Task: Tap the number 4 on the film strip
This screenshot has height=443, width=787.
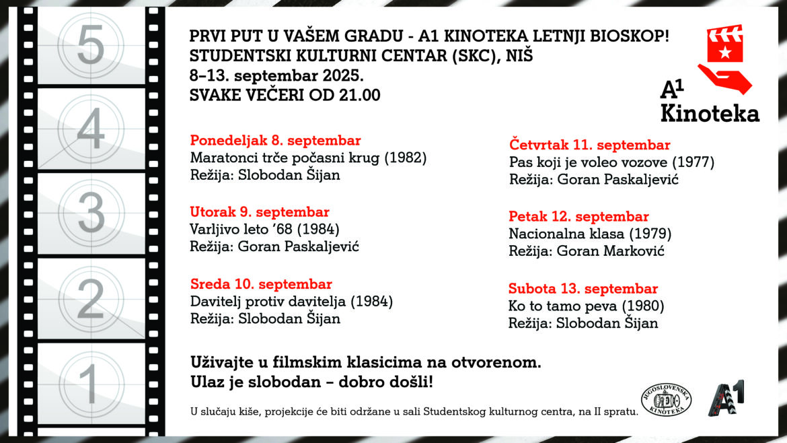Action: [91, 128]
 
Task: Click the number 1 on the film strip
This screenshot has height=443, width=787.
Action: [88, 382]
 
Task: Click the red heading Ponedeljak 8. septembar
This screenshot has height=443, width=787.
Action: [275, 141]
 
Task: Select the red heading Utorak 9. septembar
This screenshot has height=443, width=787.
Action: [260, 212]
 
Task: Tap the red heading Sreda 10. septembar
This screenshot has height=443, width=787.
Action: [261, 284]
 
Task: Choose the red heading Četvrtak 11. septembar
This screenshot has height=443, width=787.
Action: [589, 145]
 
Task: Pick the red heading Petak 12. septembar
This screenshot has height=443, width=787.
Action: [578, 217]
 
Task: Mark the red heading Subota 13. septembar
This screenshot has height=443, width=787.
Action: [583, 289]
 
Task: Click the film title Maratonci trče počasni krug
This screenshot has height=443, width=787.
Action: [308, 158]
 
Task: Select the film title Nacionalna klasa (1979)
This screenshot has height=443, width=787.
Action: [590, 234]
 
